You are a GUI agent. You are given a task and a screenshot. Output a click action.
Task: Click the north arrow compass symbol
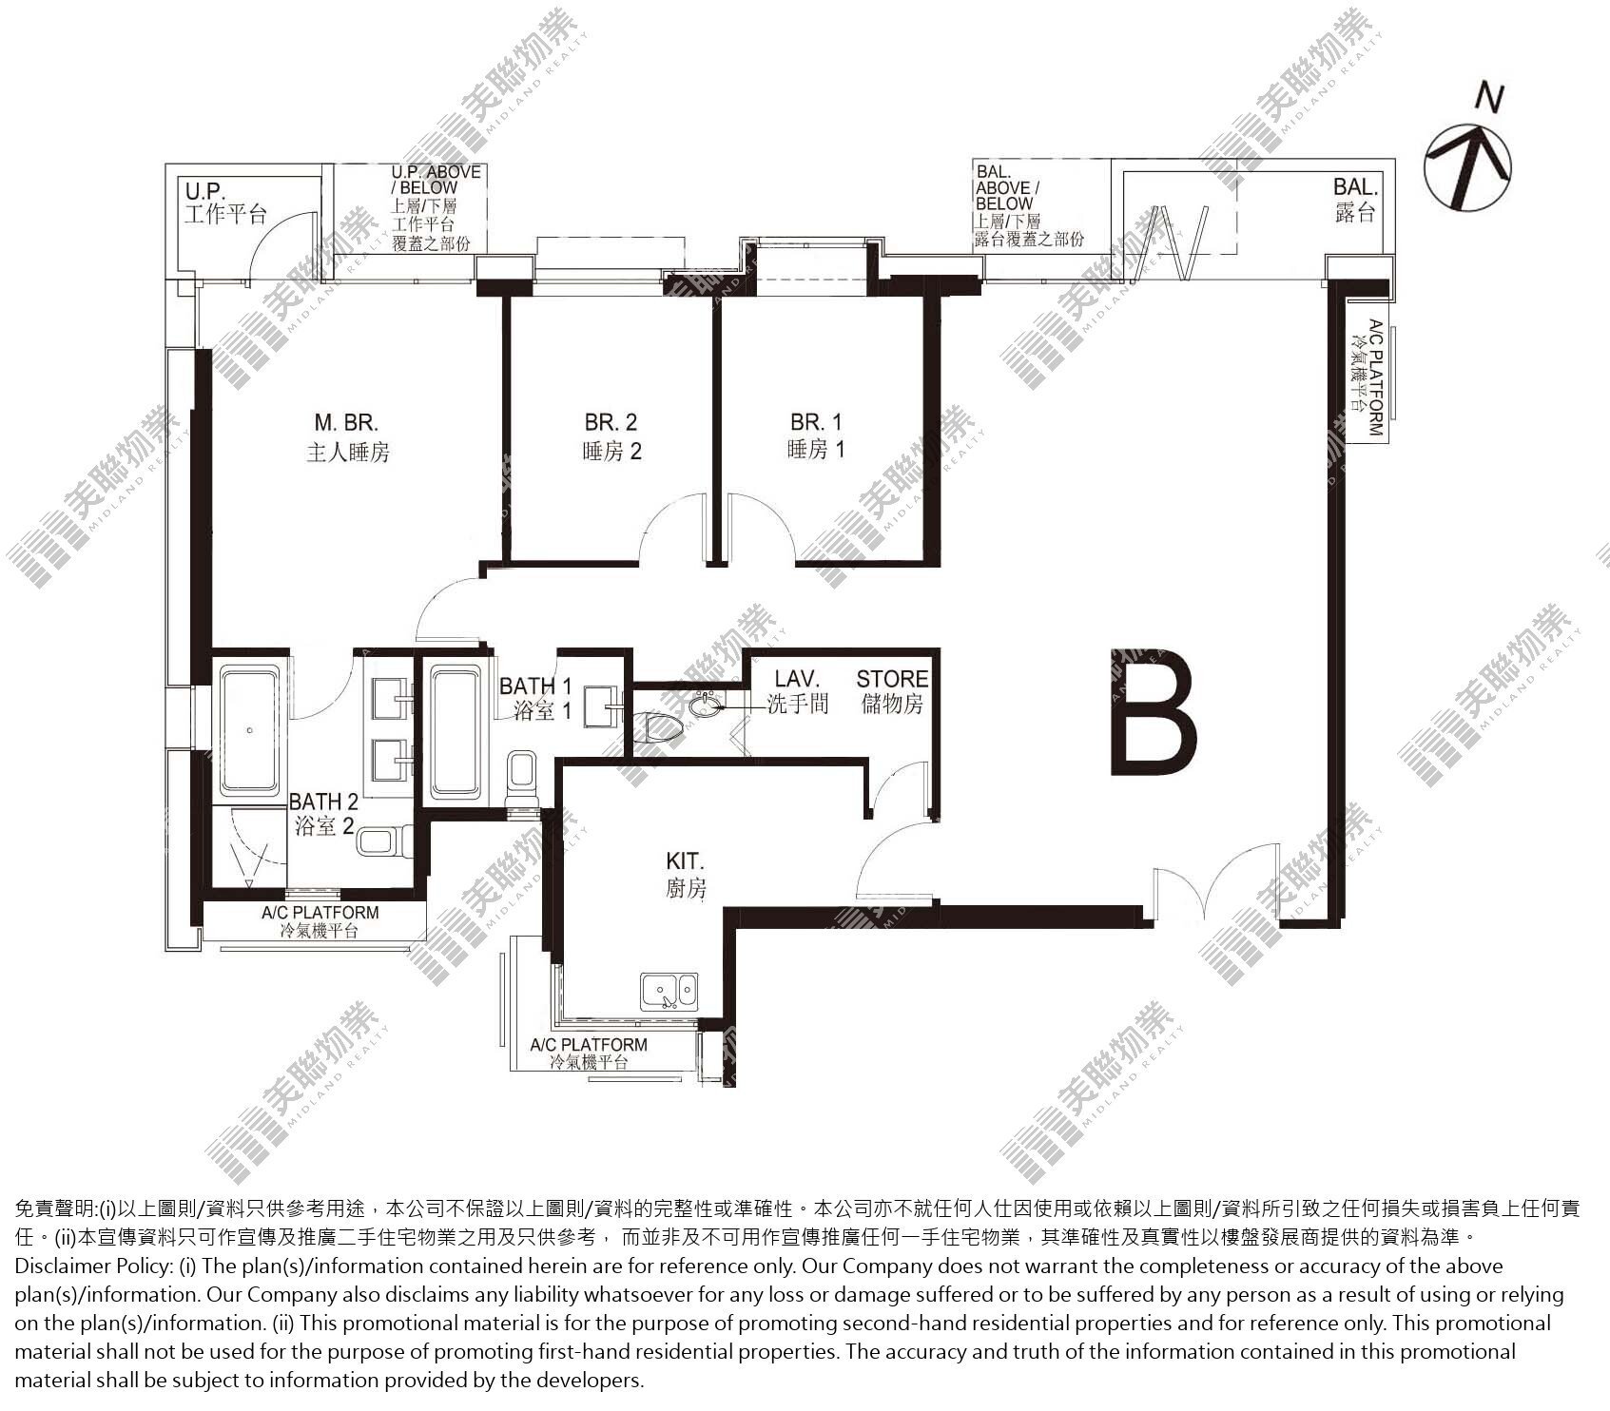coord(1467,154)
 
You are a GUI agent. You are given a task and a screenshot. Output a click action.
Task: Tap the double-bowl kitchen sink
coord(669,991)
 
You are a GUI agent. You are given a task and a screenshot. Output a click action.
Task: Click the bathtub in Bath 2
coord(250,731)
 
